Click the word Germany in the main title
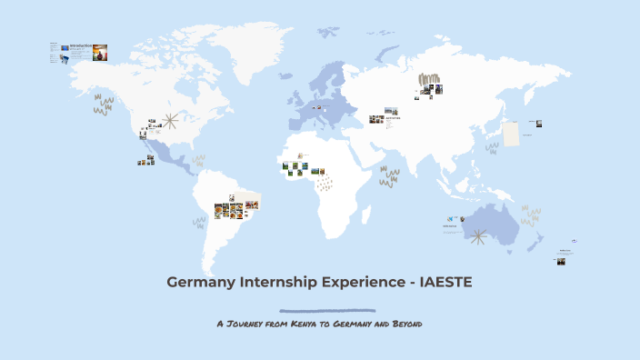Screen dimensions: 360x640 click(198, 282)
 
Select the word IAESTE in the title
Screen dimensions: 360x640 click(440, 282)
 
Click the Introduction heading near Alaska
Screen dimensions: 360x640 click(82, 45)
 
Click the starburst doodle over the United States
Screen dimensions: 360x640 click(170, 123)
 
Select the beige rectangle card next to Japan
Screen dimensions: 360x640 click(511, 134)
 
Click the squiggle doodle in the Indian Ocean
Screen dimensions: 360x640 click(389, 175)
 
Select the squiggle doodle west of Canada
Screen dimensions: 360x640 click(103, 105)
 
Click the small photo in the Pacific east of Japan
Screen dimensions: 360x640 click(538, 124)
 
